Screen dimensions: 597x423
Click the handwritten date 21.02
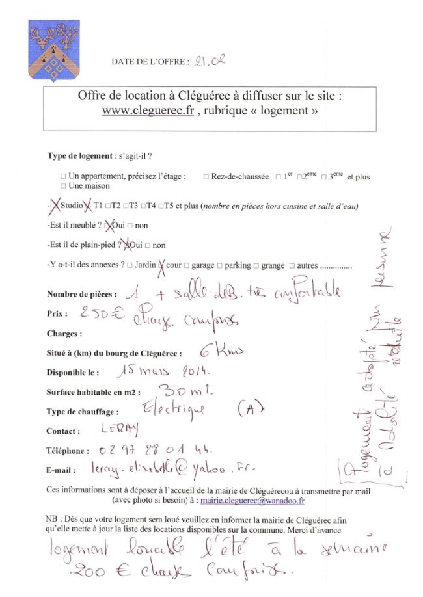pos(210,61)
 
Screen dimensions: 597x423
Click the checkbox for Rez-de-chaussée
pos(206,176)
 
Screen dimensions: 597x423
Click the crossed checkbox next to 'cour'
pos(161,264)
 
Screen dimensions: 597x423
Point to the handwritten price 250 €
pos(102,312)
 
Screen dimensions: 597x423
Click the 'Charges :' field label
pos(64,334)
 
